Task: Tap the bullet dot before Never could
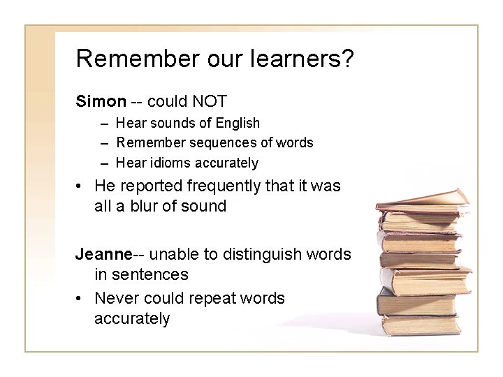[x=82, y=299]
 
